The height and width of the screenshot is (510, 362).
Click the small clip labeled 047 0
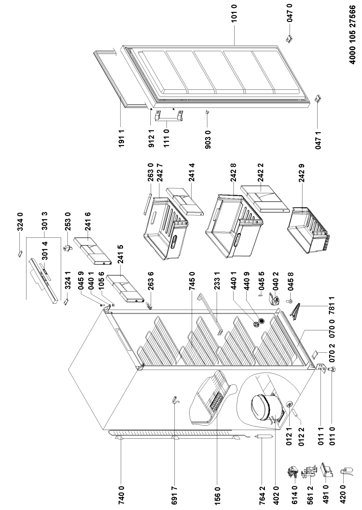(290, 39)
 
